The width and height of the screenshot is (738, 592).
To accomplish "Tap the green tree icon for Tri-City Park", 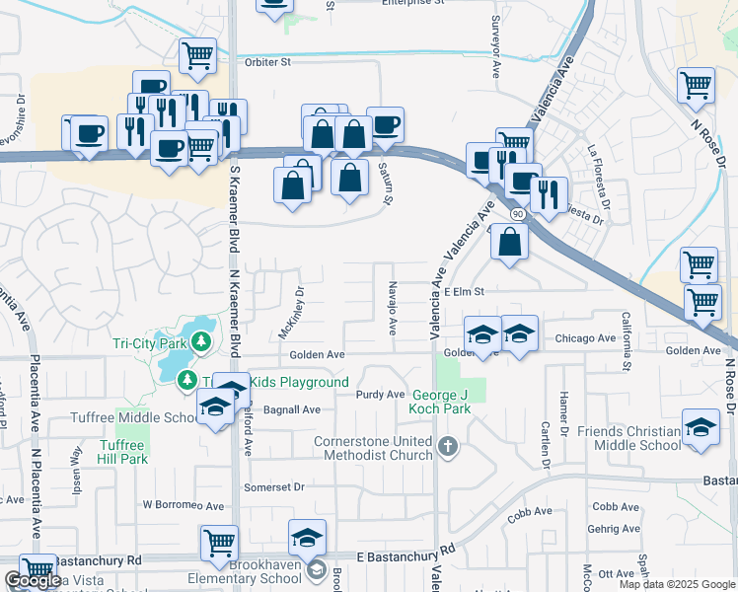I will [201, 341].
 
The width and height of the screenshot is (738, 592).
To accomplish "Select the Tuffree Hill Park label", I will [122, 452].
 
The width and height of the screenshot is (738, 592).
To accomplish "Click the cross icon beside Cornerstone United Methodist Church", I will [448, 447].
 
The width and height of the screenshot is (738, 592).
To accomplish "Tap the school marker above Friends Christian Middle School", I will [701, 427].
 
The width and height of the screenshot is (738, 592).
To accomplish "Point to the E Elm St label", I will [466, 291].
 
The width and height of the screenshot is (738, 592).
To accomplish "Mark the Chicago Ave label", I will [584, 338].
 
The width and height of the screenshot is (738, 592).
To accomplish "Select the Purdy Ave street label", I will [381, 395].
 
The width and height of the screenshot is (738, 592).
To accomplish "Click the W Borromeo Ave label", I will [184, 505].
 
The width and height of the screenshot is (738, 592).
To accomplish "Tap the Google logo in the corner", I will [33, 580].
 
